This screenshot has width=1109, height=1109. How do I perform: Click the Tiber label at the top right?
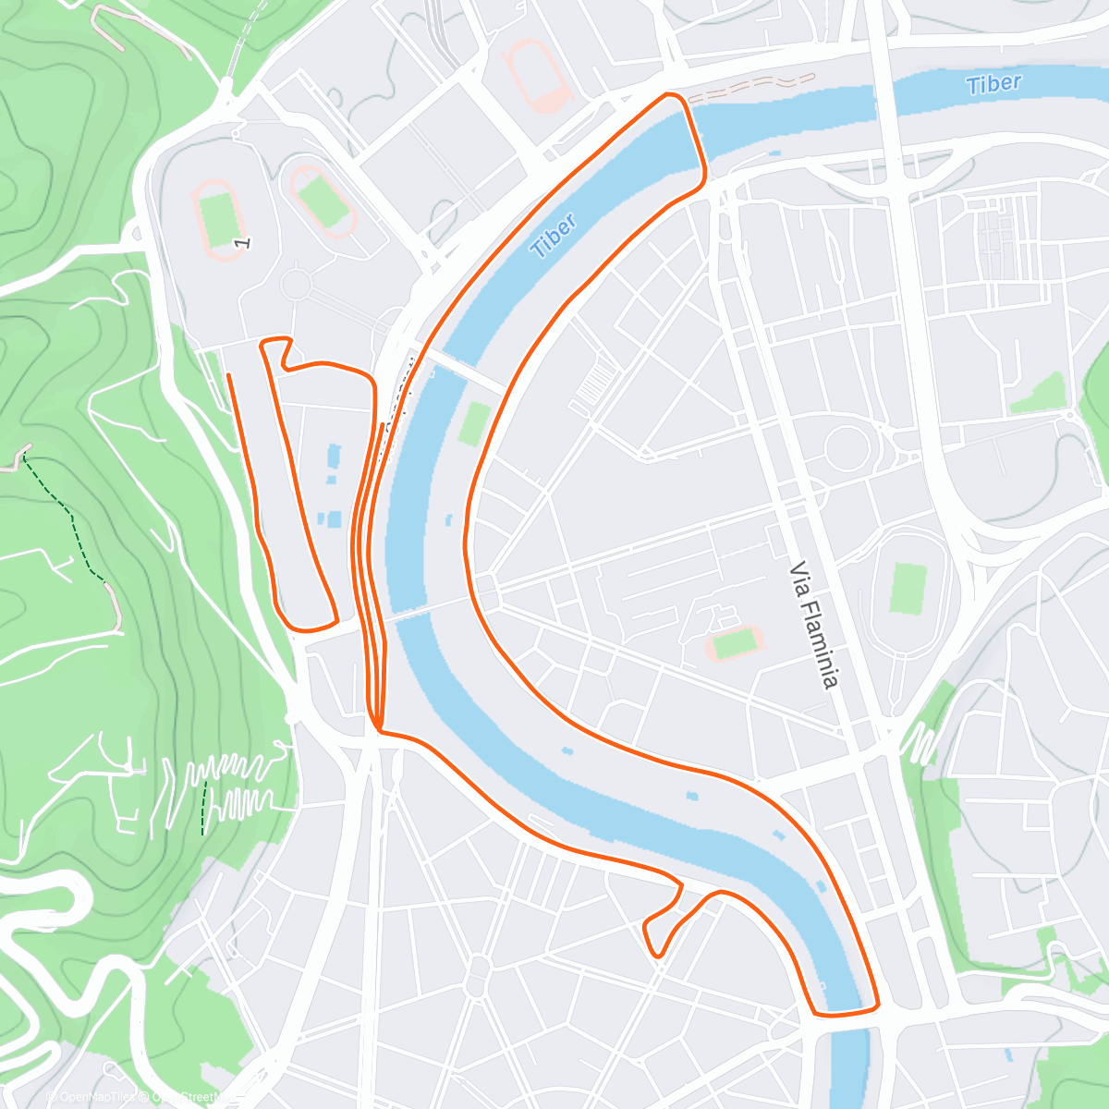(x=993, y=84)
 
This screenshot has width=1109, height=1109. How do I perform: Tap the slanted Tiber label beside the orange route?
(x=554, y=235)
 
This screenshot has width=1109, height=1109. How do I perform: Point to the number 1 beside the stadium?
(x=243, y=242)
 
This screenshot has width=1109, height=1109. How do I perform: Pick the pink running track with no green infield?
(x=535, y=73)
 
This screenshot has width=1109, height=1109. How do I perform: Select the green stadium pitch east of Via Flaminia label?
(x=908, y=588)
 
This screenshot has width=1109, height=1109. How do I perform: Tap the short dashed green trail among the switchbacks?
(x=203, y=807)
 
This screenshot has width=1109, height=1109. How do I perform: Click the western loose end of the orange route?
(x=228, y=374)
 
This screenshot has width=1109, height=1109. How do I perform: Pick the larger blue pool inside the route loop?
(x=333, y=461)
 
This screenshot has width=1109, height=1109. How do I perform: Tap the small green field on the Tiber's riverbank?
(x=473, y=422)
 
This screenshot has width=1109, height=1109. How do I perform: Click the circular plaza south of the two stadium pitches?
(x=296, y=283)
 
